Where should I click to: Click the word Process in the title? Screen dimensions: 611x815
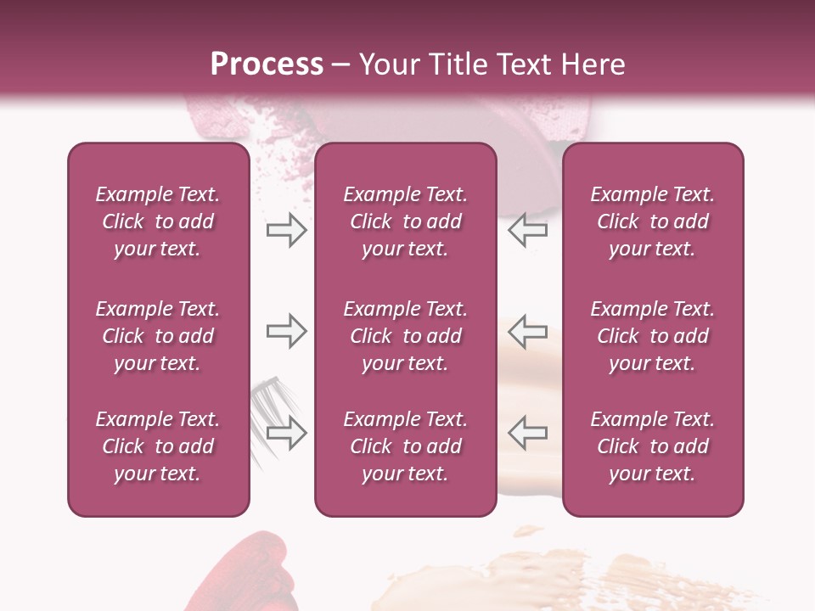[267, 64]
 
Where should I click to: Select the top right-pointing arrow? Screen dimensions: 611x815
[286, 231]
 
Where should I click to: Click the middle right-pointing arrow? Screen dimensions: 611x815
[286, 331]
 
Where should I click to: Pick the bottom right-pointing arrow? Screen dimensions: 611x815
[286, 433]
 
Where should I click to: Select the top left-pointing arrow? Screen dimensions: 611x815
[528, 231]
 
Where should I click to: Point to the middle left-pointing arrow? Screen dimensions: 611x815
[528, 331]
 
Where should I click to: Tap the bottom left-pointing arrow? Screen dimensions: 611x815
[528, 433]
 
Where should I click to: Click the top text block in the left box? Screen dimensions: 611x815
[158, 221]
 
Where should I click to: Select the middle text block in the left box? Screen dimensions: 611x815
[158, 336]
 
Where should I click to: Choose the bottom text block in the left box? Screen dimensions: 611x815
[158, 446]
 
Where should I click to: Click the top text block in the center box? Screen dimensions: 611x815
[406, 221]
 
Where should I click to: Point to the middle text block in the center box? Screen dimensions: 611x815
[406, 336]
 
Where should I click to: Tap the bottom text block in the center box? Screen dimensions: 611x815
[406, 446]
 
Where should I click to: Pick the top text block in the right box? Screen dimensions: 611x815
[653, 221]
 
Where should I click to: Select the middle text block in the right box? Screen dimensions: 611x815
[653, 336]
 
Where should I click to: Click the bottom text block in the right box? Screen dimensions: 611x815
[653, 446]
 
